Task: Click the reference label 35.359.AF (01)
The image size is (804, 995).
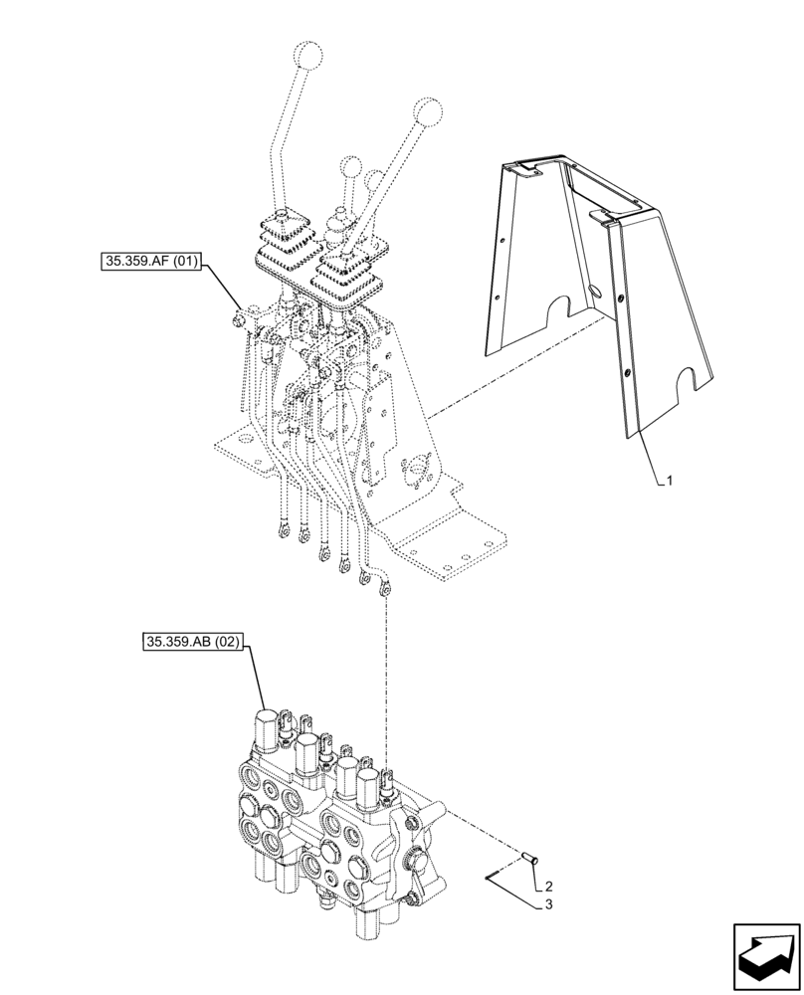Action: click(x=152, y=263)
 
